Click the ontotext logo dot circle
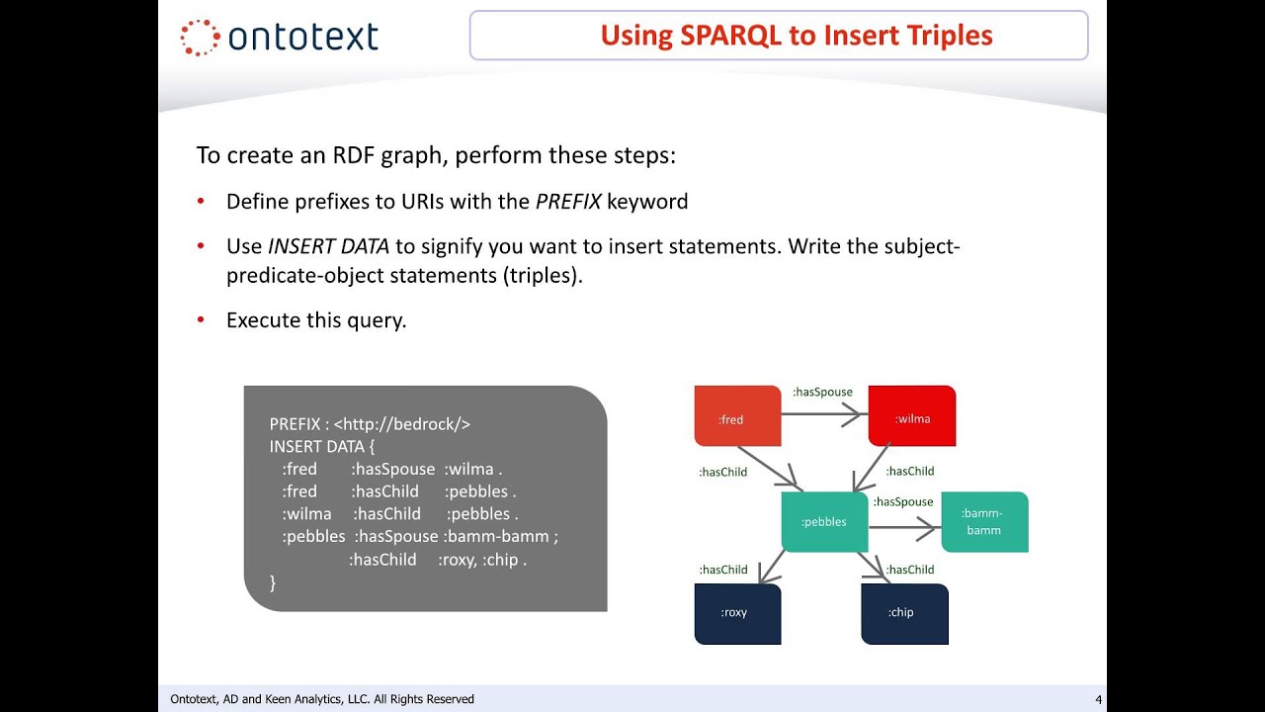(x=201, y=37)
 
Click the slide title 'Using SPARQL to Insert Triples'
(x=796, y=36)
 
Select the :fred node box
(x=737, y=416)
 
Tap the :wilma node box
(x=911, y=416)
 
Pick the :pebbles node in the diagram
(x=823, y=521)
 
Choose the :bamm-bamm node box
(x=983, y=521)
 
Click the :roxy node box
(x=737, y=613)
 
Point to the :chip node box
(x=903, y=613)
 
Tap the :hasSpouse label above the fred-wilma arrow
(x=822, y=393)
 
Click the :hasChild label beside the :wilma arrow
(x=909, y=472)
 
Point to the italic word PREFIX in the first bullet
(x=568, y=202)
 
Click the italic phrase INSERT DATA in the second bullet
(x=328, y=246)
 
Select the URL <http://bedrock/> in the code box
(x=401, y=424)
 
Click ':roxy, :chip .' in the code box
(x=482, y=560)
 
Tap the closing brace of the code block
(x=273, y=582)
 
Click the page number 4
(x=1098, y=700)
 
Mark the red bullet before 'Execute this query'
(x=201, y=320)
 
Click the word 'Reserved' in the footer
(x=451, y=699)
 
